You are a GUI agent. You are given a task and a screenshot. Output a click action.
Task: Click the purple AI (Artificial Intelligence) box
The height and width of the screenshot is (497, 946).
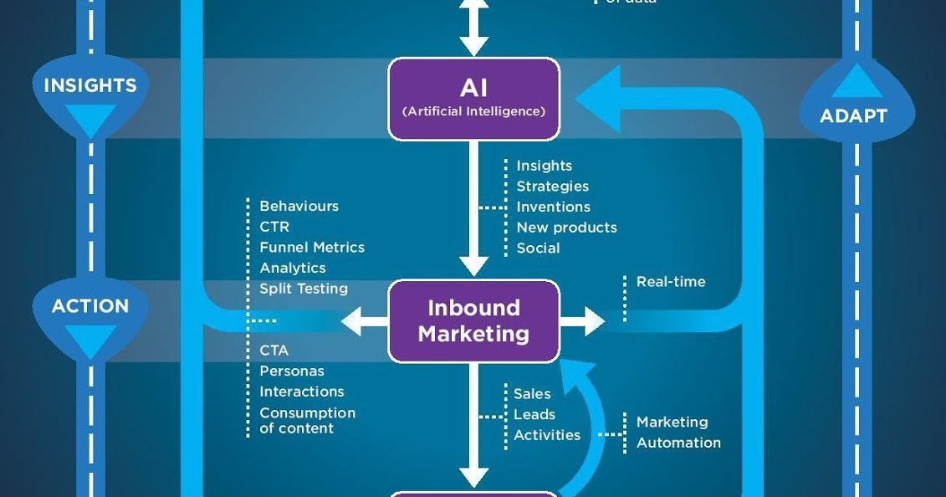(473, 98)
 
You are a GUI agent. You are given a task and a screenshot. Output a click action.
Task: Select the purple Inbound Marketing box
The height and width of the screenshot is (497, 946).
(473, 320)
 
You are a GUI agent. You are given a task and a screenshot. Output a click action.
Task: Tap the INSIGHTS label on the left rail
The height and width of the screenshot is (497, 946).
(89, 85)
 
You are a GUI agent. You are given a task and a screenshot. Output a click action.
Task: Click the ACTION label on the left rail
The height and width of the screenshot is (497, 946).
(89, 306)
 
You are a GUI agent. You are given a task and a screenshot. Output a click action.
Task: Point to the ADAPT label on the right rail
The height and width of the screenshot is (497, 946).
(853, 115)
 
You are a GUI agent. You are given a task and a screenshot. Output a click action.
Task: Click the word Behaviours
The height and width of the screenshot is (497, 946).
(299, 206)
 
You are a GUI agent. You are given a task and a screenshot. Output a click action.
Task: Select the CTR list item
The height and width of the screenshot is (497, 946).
(274, 227)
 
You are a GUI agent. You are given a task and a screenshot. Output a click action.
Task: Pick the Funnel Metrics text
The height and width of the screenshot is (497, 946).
(312, 248)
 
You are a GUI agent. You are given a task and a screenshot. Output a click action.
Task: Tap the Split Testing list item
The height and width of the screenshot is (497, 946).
(304, 289)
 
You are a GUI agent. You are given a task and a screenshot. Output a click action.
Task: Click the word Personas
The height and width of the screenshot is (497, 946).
(292, 371)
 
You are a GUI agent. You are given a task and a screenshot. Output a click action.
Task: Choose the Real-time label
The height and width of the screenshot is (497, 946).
(671, 282)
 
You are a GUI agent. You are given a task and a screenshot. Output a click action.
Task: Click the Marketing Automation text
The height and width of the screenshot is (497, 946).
(678, 433)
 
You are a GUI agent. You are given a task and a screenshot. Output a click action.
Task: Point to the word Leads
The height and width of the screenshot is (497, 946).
(534, 414)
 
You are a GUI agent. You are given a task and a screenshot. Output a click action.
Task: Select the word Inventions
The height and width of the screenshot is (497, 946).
(553, 207)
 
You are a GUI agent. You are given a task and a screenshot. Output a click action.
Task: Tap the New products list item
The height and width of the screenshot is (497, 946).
(566, 228)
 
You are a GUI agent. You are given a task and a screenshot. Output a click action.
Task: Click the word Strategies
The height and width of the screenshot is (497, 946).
(552, 187)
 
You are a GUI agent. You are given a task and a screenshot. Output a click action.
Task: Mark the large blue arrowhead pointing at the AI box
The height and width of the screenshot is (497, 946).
(599, 99)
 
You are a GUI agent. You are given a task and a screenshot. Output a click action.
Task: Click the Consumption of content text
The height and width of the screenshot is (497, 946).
(307, 420)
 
